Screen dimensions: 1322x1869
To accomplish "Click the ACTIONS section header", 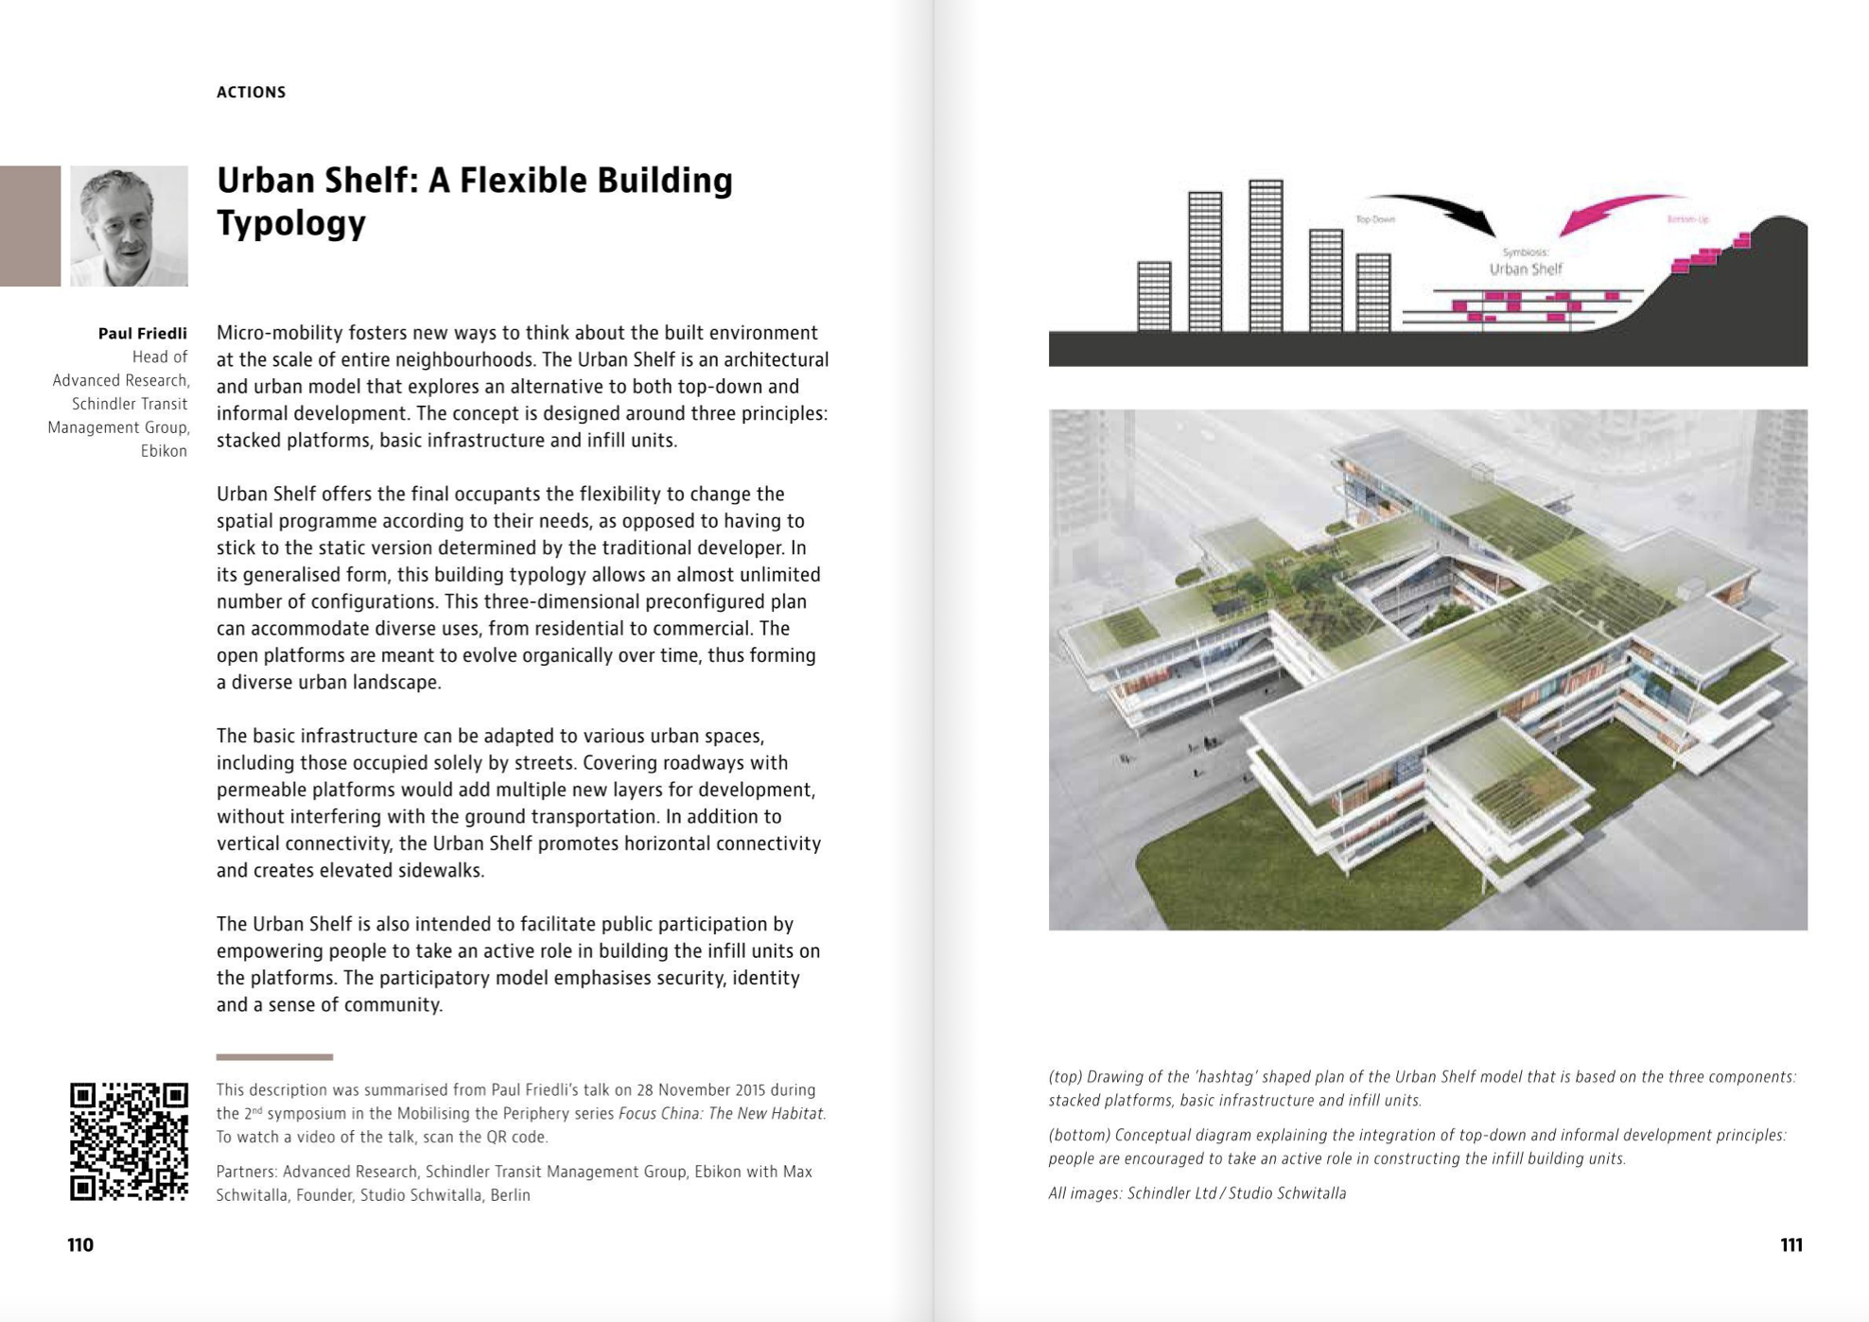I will click(x=251, y=92).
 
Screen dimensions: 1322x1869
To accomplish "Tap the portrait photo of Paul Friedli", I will click(x=129, y=226).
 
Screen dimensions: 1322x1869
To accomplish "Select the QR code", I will click(x=129, y=1141).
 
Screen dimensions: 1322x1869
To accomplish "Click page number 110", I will click(x=80, y=1244).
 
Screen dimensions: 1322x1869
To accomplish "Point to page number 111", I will click(x=1790, y=1244).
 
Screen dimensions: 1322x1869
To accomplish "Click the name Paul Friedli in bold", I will click(x=143, y=333).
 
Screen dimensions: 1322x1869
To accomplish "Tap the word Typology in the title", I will click(x=290, y=223).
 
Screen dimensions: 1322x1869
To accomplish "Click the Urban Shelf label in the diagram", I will click(x=1526, y=269).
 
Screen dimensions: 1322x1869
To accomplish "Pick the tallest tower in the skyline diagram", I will click(x=1266, y=255).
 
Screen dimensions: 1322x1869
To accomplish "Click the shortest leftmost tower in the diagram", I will click(x=1154, y=296).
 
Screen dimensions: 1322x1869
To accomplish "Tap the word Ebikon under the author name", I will click(x=164, y=451).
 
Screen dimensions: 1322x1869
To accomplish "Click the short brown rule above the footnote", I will click(x=274, y=1056).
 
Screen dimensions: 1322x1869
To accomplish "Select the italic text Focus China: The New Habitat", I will click(x=721, y=1113).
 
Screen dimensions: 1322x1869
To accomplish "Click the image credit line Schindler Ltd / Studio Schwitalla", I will click(x=1235, y=1193).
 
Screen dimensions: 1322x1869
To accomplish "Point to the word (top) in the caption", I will click(x=1065, y=1077).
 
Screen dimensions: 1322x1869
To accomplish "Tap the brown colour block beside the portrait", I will click(x=30, y=226).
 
